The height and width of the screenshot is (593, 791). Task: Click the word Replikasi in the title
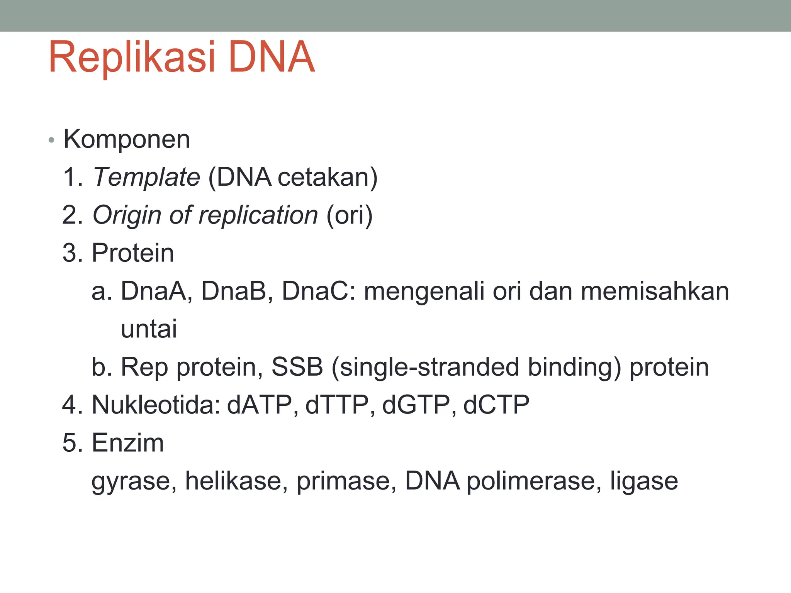131,58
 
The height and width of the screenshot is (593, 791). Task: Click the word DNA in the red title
272,58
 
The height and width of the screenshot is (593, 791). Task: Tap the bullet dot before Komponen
51,141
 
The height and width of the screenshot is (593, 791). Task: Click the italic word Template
146,178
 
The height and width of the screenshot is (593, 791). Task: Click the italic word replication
258,215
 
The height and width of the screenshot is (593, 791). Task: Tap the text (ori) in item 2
349,215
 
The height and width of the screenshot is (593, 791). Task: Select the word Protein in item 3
132,253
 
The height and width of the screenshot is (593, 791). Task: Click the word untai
149,329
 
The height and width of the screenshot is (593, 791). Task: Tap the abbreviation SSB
297,367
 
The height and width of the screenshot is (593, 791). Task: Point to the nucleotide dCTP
496,405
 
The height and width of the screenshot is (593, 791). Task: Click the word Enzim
127,443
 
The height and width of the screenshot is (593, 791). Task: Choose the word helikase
236,481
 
